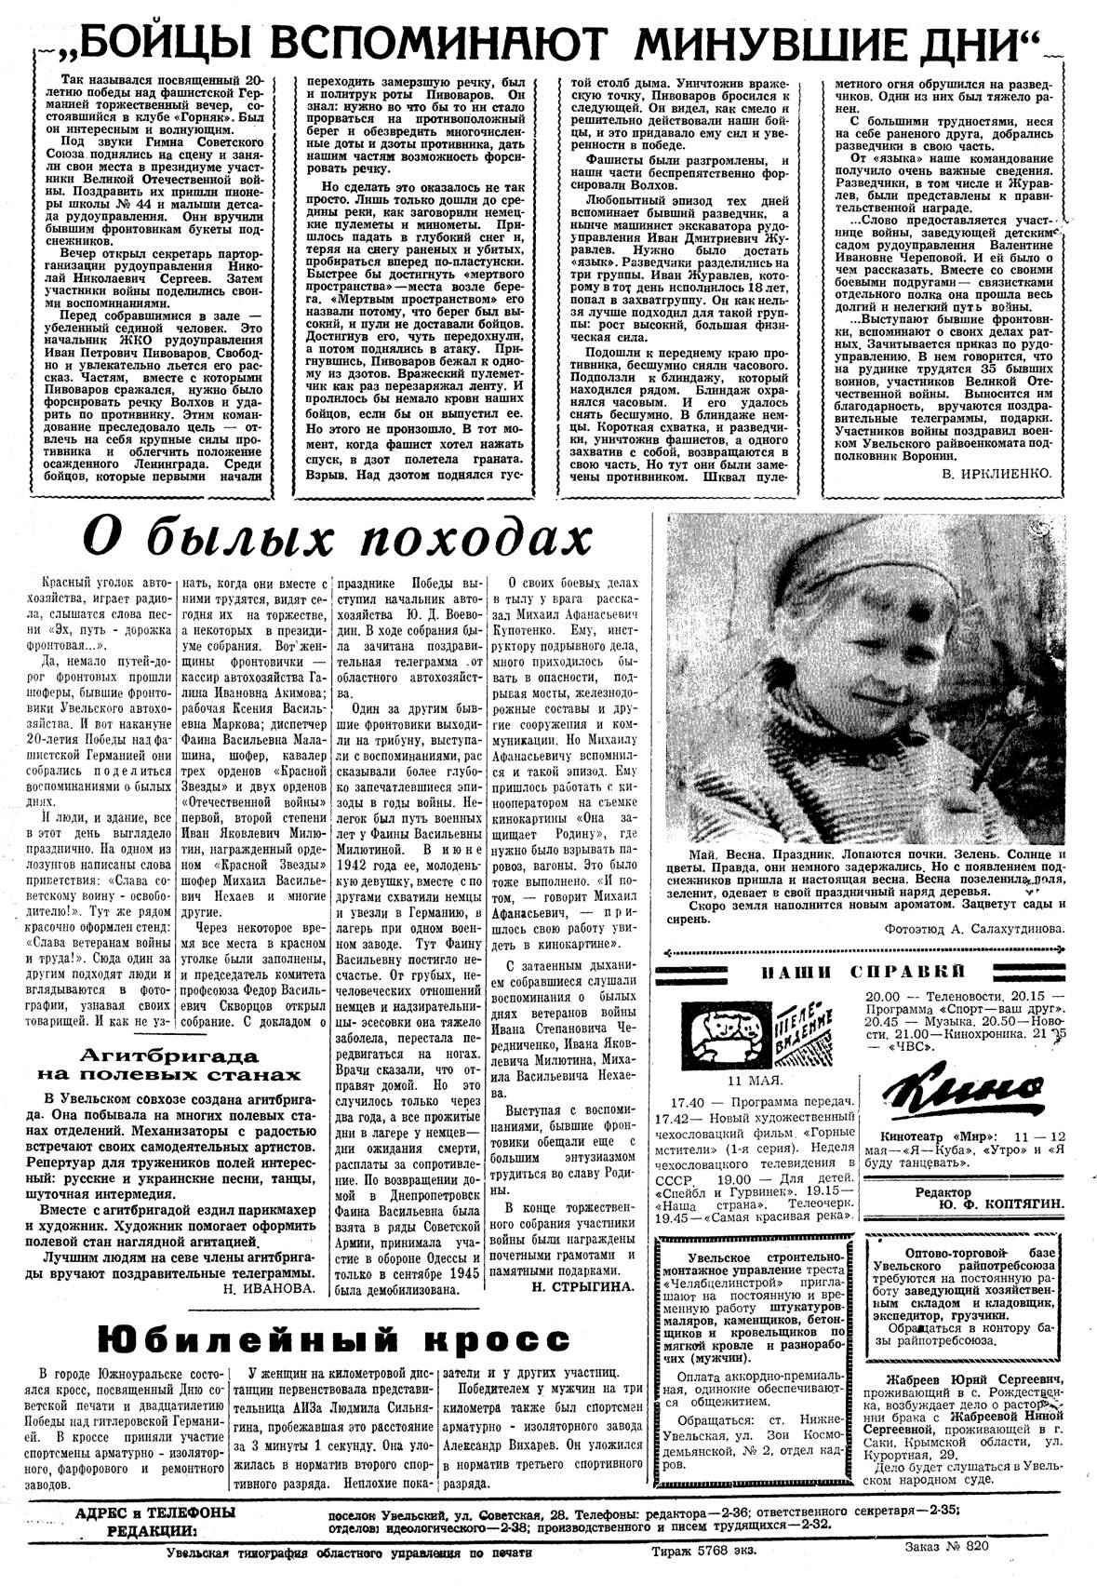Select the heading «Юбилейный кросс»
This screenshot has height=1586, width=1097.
pos(334,1339)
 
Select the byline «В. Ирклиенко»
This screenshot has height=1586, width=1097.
pos(996,473)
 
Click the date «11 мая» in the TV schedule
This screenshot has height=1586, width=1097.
pos(755,1081)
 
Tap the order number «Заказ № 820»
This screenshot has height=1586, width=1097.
pos(945,1548)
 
